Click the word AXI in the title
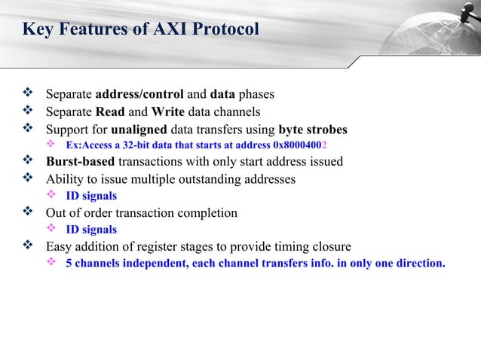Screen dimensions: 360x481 point(170,29)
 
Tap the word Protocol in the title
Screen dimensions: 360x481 point(225,29)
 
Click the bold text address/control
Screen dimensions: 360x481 point(140,95)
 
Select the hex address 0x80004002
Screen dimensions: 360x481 point(300,145)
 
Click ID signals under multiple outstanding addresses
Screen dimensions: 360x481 point(91,196)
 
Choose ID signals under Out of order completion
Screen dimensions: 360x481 point(91,230)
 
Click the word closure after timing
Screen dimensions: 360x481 point(330,246)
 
